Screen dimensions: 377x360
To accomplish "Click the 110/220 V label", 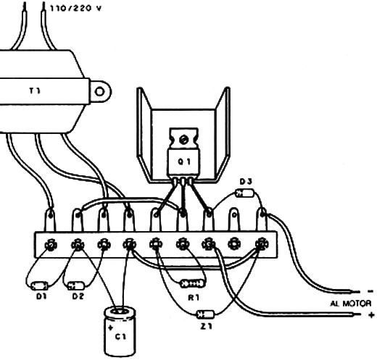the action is click(75, 9).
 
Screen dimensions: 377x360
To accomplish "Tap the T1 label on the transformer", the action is click(36, 91).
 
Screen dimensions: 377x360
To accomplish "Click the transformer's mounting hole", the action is click(99, 92).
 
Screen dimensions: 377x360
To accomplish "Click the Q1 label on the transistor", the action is click(184, 162).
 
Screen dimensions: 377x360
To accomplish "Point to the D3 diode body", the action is click(244, 193).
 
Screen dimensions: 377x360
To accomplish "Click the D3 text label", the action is click(246, 181).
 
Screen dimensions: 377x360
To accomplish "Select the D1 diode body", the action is click(40, 285).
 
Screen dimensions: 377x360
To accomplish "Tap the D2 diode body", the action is click(76, 285).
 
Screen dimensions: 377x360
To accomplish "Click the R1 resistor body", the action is click(193, 283).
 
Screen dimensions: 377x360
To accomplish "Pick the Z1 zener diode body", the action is click(205, 314).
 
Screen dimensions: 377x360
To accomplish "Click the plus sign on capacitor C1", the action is click(110, 327).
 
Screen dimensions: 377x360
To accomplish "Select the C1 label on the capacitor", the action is click(120, 336).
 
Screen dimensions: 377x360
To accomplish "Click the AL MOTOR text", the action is click(350, 304).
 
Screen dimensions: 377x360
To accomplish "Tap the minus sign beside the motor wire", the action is click(370, 291).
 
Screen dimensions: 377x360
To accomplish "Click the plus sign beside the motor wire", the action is click(371, 314).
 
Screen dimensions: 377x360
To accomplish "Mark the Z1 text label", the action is click(206, 327).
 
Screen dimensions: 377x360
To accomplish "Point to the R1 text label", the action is click(194, 298).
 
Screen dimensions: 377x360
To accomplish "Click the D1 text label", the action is click(41, 296).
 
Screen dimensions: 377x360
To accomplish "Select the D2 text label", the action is click(78, 296).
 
